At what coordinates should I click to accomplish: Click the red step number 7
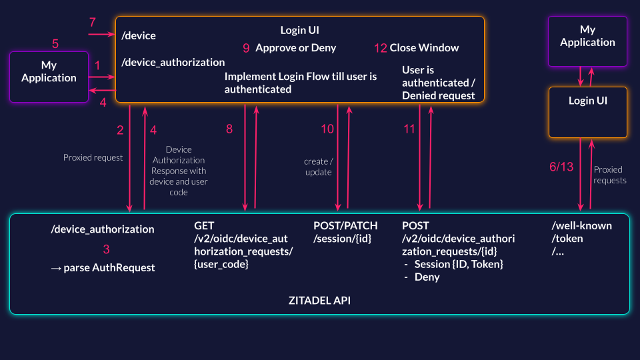coord(93,23)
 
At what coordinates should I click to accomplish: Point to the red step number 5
coord(55,44)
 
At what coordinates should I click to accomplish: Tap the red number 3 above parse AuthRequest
coord(106,250)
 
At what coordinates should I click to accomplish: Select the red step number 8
coord(229,129)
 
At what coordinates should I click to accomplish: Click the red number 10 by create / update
coord(327,129)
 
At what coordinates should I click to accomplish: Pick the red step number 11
coord(409,129)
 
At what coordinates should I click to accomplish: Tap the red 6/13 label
coord(561,167)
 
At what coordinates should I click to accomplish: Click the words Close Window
coord(424,48)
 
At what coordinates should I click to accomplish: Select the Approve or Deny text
coord(295,48)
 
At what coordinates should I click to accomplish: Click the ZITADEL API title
coord(319,301)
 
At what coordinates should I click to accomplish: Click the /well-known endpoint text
coord(582,226)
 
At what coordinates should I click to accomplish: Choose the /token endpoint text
coord(567,238)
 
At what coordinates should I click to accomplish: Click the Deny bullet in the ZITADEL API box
coord(427,277)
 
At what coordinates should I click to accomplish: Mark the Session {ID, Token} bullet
coord(458,264)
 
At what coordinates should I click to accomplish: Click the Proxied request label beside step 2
coord(93,158)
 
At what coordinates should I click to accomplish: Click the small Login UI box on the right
coord(587,112)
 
